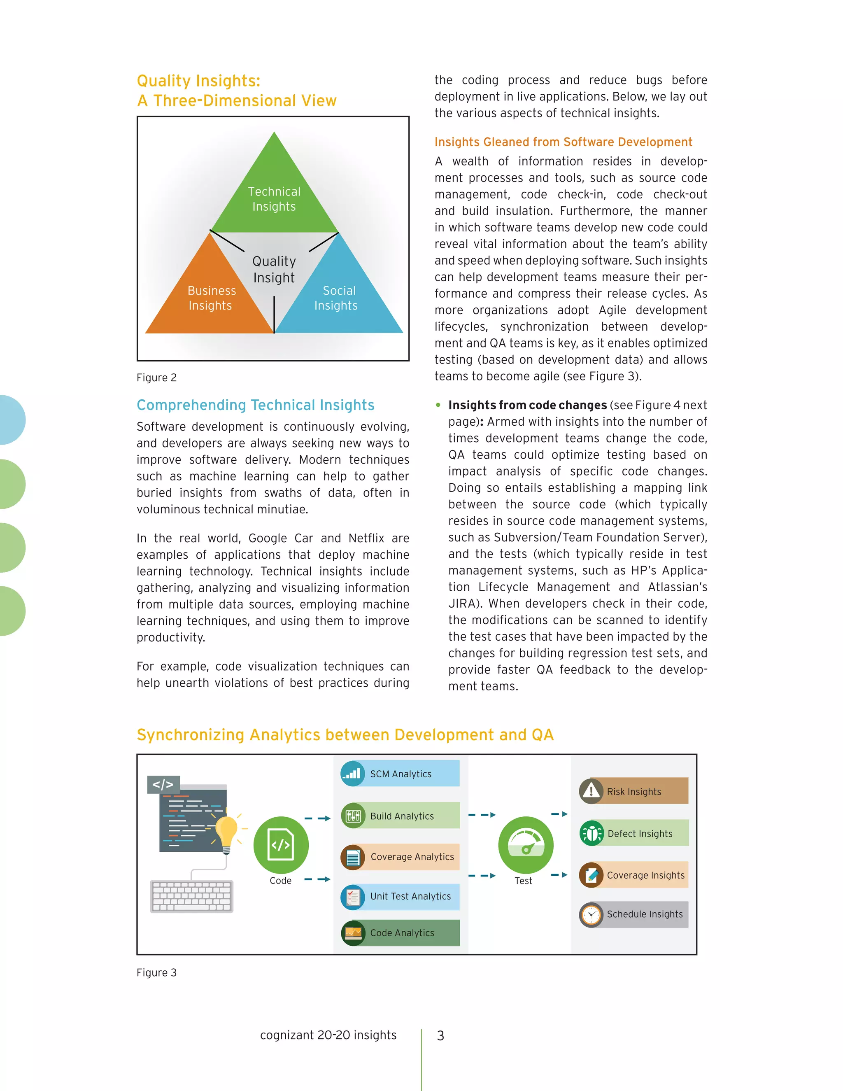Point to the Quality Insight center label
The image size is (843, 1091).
point(274,269)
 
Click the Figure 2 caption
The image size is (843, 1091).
point(156,378)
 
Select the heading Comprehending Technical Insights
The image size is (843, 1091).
point(255,405)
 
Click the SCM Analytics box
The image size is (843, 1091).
point(400,774)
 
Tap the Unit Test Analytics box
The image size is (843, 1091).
point(401,896)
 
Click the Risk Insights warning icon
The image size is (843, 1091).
point(591,791)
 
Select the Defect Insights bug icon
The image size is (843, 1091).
point(592,833)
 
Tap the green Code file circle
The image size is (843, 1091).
point(281,844)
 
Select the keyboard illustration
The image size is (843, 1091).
point(192,896)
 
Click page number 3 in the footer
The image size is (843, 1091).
point(440,1035)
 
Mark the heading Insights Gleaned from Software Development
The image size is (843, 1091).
point(563,142)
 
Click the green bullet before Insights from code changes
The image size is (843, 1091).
point(438,405)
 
